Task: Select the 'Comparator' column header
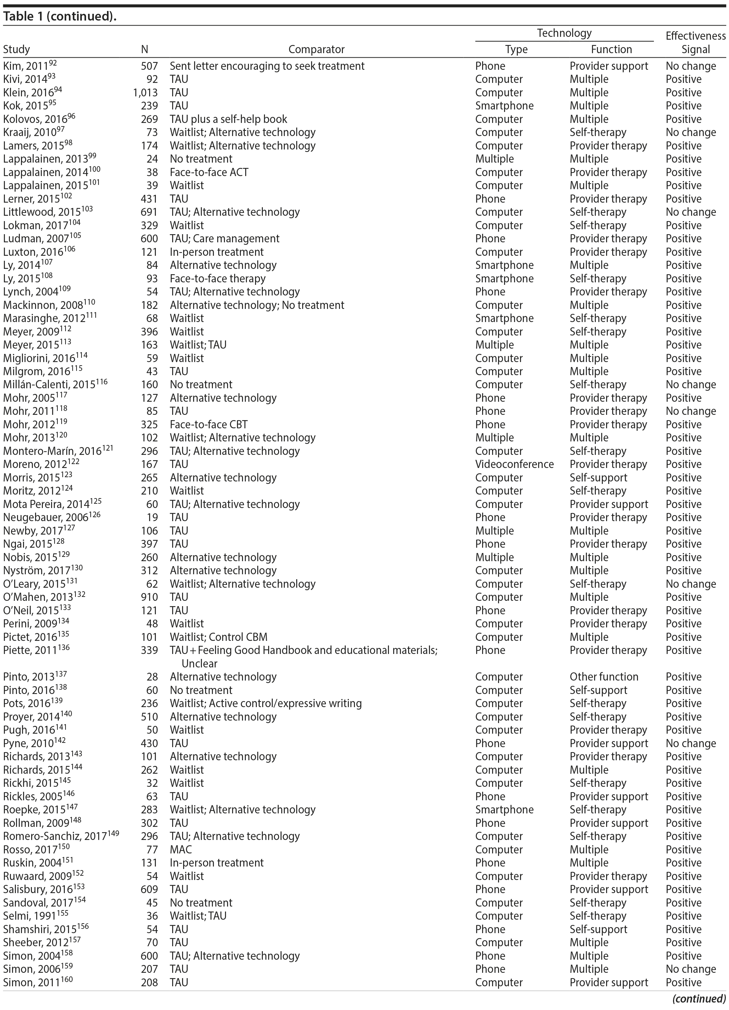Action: (x=316, y=50)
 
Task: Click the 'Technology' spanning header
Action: (x=564, y=33)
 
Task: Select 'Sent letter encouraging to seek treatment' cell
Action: (x=267, y=66)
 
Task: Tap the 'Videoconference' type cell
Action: (x=514, y=464)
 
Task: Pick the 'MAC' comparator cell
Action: (x=180, y=849)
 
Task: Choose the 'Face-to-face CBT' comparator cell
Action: (x=208, y=424)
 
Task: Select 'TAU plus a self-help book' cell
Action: (x=228, y=119)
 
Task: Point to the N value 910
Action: (x=149, y=597)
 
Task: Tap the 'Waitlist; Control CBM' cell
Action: (x=218, y=637)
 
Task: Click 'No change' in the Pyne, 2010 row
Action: (x=691, y=743)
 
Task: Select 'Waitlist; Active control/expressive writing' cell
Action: (x=265, y=704)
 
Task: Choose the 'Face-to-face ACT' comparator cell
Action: (x=209, y=172)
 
